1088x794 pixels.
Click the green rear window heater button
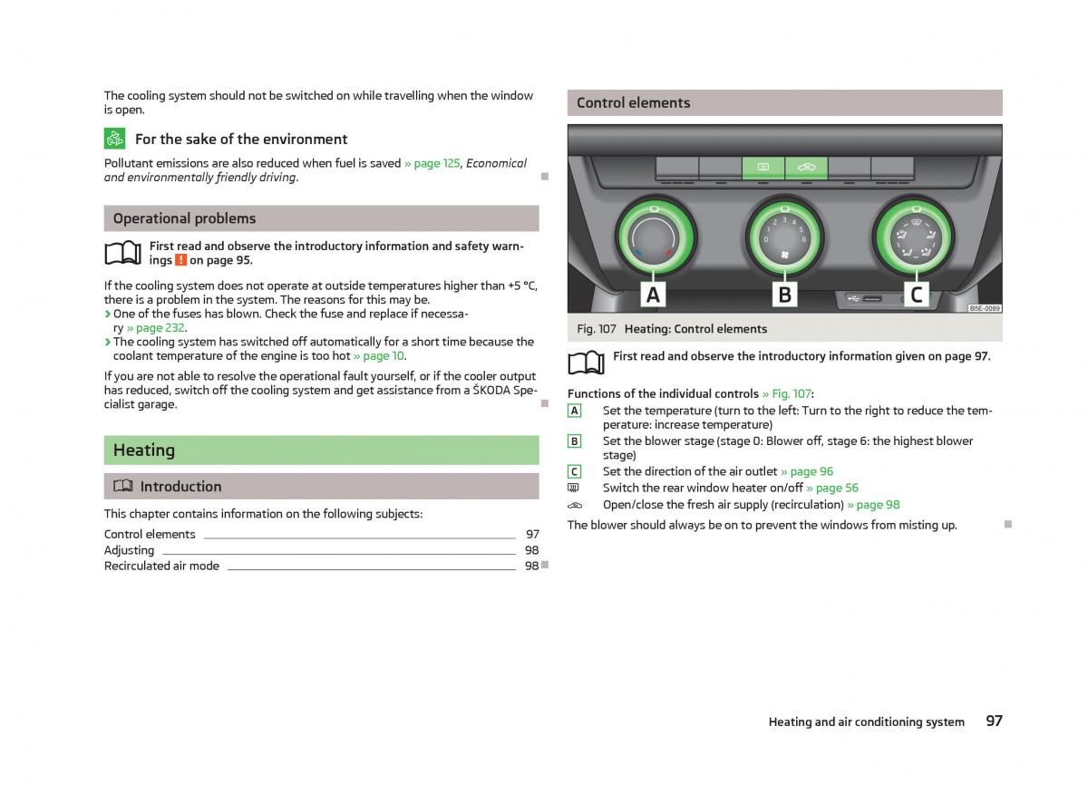point(763,168)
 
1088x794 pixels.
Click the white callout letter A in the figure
point(654,295)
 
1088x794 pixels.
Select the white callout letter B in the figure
point(785,295)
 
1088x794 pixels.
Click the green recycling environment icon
point(114,139)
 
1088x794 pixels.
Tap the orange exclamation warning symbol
point(180,260)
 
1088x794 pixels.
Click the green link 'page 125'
point(437,163)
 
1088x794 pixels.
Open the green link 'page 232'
point(160,328)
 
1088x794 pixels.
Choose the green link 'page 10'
point(384,356)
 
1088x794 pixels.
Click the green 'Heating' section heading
point(144,450)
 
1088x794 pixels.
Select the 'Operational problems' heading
point(185,218)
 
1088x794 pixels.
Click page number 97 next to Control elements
point(532,534)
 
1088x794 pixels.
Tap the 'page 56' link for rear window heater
point(837,488)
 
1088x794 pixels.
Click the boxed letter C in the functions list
point(574,471)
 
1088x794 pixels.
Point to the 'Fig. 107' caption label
point(597,329)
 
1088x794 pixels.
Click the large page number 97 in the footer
point(994,721)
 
